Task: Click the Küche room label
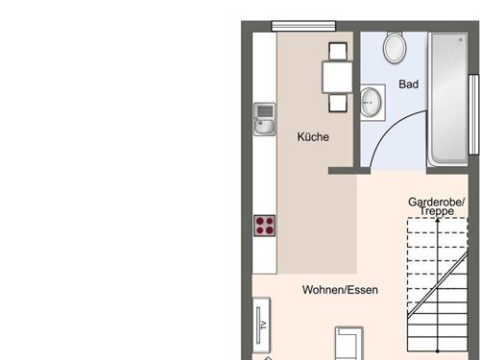[x=313, y=137]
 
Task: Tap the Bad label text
[x=409, y=84]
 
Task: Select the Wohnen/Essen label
[x=340, y=290]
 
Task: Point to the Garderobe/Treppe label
[x=437, y=206]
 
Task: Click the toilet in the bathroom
[x=395, y=47]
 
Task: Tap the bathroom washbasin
[x=372, y=103]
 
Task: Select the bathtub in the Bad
[x=447, y=99]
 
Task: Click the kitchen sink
[x=264, y=119]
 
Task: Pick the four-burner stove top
[x=264, y=226]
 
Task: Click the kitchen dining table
[x=337, y=77]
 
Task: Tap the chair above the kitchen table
[x=338, y=52]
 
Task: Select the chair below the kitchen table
[x=338, y=103]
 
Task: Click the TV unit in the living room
[x=261, y=324]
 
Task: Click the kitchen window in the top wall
[x=303, y=26]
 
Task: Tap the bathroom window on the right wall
[x=473, y=114]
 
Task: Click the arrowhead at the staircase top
[x=438, y=220]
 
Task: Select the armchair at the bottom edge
[x=348, y=344]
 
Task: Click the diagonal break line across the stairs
[x=438, y=285]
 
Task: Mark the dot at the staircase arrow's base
[x=438, y=351]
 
